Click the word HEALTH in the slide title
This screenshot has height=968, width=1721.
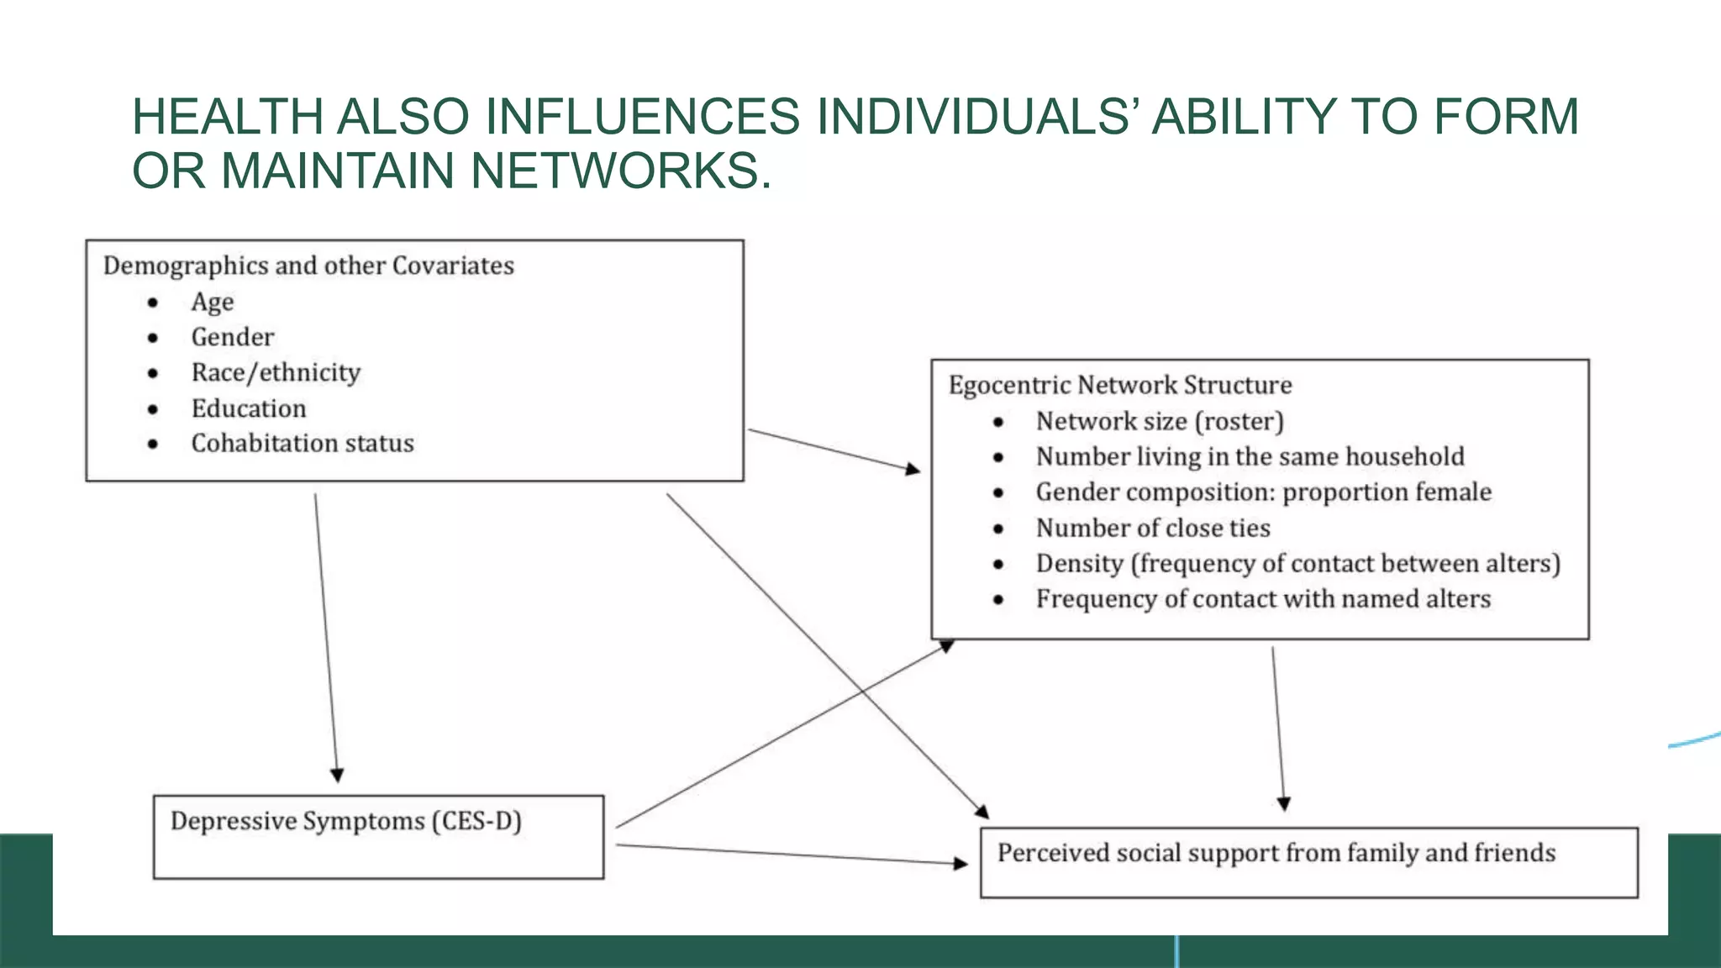pos(227,116)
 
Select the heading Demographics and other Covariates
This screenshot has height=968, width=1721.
pos(308,266)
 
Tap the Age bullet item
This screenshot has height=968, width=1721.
pos(213,302)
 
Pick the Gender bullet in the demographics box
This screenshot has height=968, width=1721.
pos(233,337)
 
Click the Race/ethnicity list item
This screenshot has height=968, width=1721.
pos(276,372)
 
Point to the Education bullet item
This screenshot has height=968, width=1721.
pos(249,408)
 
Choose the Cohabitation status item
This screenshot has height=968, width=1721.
pos(303,443)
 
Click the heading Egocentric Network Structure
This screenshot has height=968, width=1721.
pos(1120,385)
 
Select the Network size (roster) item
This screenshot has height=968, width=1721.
pos(1160,421)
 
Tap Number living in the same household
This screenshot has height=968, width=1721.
pos(1250,456)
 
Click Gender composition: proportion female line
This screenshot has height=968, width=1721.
pos(1263,492)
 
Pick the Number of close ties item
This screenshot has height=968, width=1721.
pos(1153,528)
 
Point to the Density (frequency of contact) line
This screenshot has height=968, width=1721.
pos(1297,563)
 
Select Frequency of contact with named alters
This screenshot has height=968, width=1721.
pos(1263,598)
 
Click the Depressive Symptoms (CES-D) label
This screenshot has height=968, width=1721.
pos(346,821)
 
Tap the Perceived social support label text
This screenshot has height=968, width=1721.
pos(1276,853)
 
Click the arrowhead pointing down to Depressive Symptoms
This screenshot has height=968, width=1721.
pos(337,775)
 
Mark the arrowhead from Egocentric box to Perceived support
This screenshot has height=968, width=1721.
pos(1283,803)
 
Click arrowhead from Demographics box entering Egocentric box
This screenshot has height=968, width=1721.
pos(913,469)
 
